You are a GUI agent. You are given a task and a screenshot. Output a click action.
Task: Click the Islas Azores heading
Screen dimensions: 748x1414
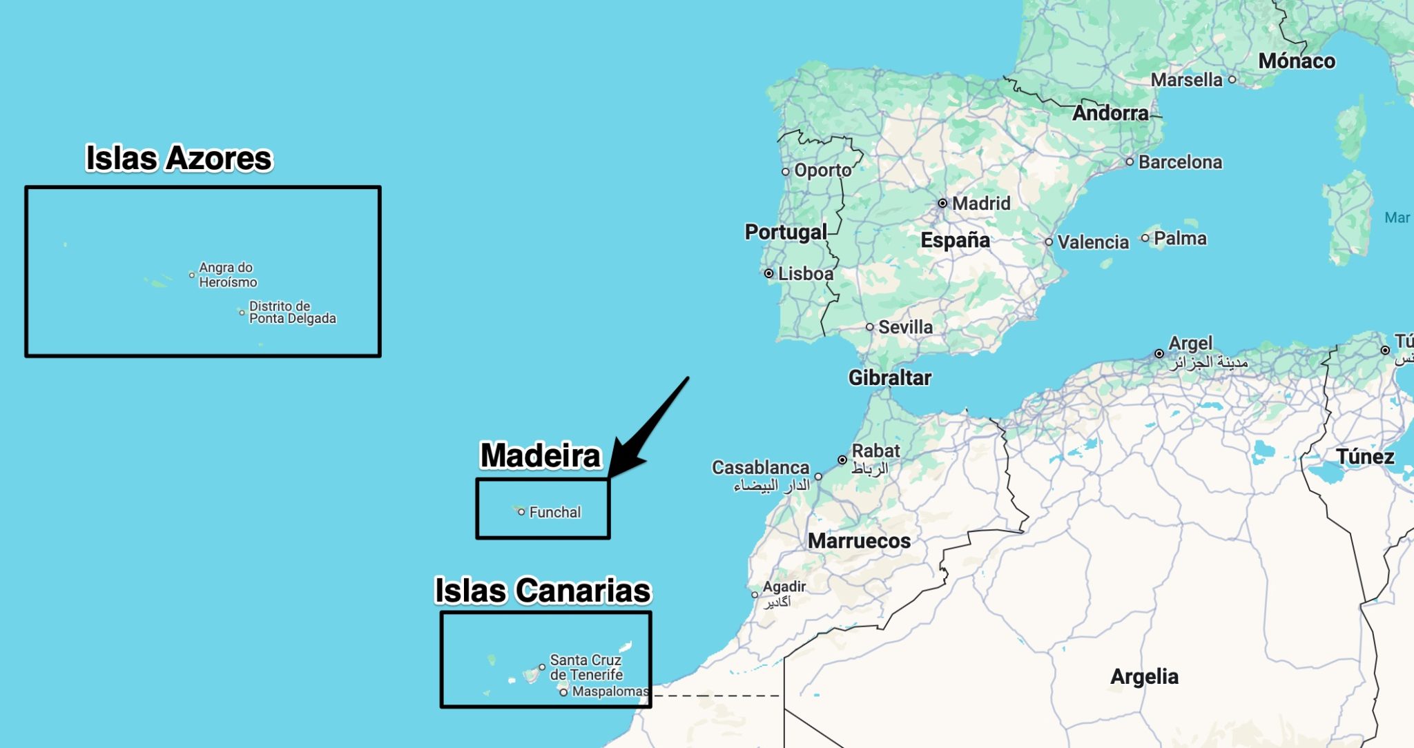pos(179,158)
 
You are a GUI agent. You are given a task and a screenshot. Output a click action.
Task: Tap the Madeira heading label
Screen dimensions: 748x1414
pos(541,455)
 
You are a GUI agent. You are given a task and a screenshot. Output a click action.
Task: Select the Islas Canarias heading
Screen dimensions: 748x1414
pos(543,591)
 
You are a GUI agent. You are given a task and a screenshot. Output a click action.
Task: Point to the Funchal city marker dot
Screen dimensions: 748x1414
pos(521,512)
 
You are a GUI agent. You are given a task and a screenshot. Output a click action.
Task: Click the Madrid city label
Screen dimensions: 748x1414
pos(980,203)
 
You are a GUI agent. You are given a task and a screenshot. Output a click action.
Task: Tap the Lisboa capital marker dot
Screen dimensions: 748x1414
pos(768,273)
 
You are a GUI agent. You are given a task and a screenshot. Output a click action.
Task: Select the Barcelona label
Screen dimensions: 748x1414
pos(1180,161)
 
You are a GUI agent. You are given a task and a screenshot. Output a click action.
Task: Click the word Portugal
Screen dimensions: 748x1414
pos(786,232)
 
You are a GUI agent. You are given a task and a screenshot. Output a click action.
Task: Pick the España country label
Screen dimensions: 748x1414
pos(955,240)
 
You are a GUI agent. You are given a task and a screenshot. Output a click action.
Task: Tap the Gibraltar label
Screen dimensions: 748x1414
pos(889,377)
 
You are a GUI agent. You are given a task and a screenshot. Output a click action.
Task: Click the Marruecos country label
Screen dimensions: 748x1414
pos(859,540)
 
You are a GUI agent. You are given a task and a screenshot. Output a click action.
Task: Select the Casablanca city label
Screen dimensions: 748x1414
pos(760,467)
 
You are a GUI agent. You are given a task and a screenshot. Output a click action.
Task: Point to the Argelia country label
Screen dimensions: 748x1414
pos(1144,676)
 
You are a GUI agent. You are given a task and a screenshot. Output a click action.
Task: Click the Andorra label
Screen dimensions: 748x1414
pos(1110,112)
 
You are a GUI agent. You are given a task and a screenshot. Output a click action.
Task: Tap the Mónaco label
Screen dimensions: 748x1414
pos(1297,61)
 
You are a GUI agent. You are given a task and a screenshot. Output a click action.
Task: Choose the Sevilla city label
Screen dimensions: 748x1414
pos(905,327)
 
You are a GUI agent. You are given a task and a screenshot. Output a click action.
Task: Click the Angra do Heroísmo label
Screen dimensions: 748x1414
pos(228,275)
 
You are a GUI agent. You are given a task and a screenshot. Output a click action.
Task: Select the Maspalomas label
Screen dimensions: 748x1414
pos(610,691)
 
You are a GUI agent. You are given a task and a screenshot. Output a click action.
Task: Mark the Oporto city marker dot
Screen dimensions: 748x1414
pos(785,172)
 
